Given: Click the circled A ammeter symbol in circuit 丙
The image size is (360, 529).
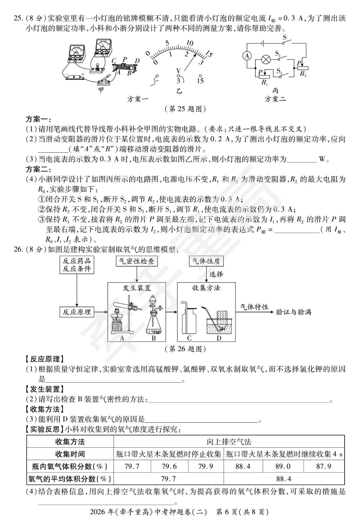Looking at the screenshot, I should (x=247, y=56).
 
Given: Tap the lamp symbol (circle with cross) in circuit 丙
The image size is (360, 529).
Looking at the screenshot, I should (x=266, y=60).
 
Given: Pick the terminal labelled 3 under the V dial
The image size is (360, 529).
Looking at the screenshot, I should (x=178, y=80).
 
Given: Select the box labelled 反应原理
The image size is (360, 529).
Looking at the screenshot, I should (x=77, y=312).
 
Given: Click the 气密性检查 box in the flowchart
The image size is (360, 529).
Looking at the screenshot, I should (x=137, y=261).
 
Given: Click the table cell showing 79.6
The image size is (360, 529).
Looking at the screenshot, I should (x=169, y=466).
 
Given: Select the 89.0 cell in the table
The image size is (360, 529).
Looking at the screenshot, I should (x=283, y=466).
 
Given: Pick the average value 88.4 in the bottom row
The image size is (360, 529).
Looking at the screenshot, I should (x=284, y=479).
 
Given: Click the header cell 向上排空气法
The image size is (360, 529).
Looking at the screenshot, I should (x=229, y=442).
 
